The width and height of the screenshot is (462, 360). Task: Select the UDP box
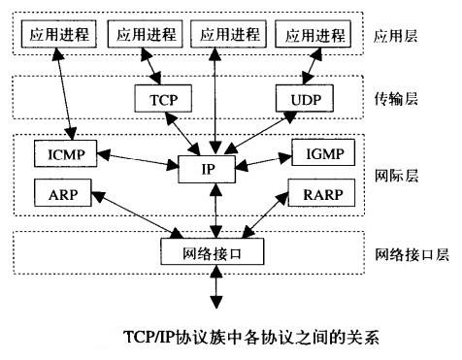(x=306, y=99)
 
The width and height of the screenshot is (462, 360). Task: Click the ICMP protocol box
(x=63, y=153)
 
